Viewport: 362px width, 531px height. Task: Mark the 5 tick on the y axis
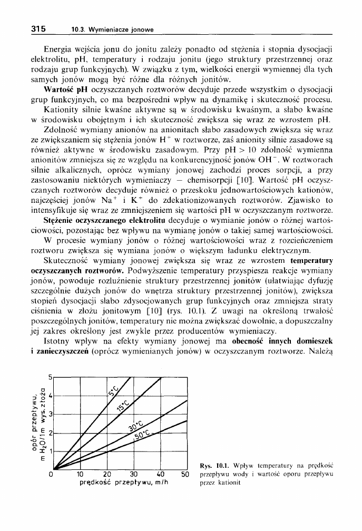click(x=51, y=378)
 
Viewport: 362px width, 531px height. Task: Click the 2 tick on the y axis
click(x=51, y=432)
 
